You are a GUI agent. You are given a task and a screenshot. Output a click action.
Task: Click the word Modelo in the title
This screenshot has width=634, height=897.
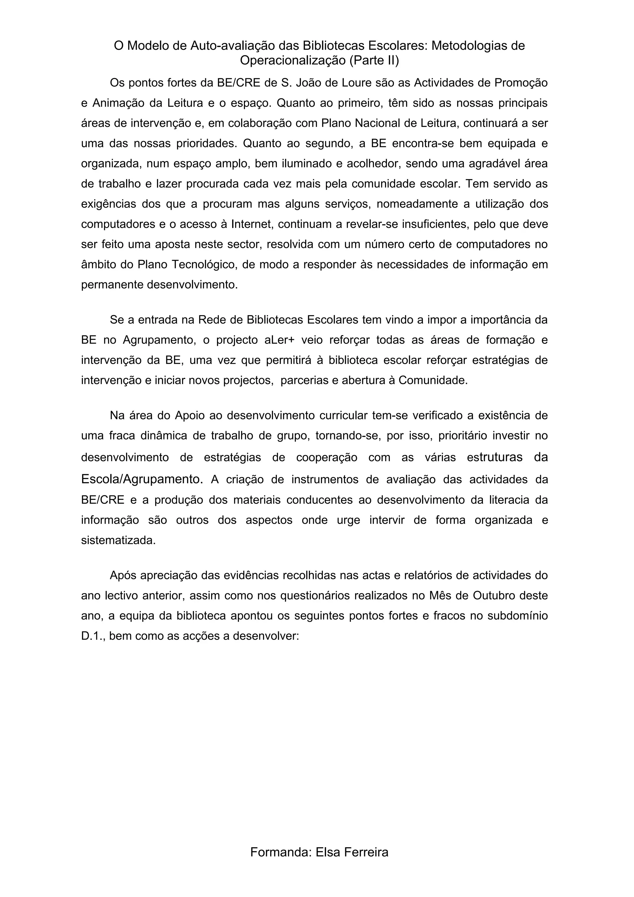click(x=149, y=46)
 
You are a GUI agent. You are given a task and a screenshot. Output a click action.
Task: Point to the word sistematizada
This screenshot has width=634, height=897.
click(x=118, y=540)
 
